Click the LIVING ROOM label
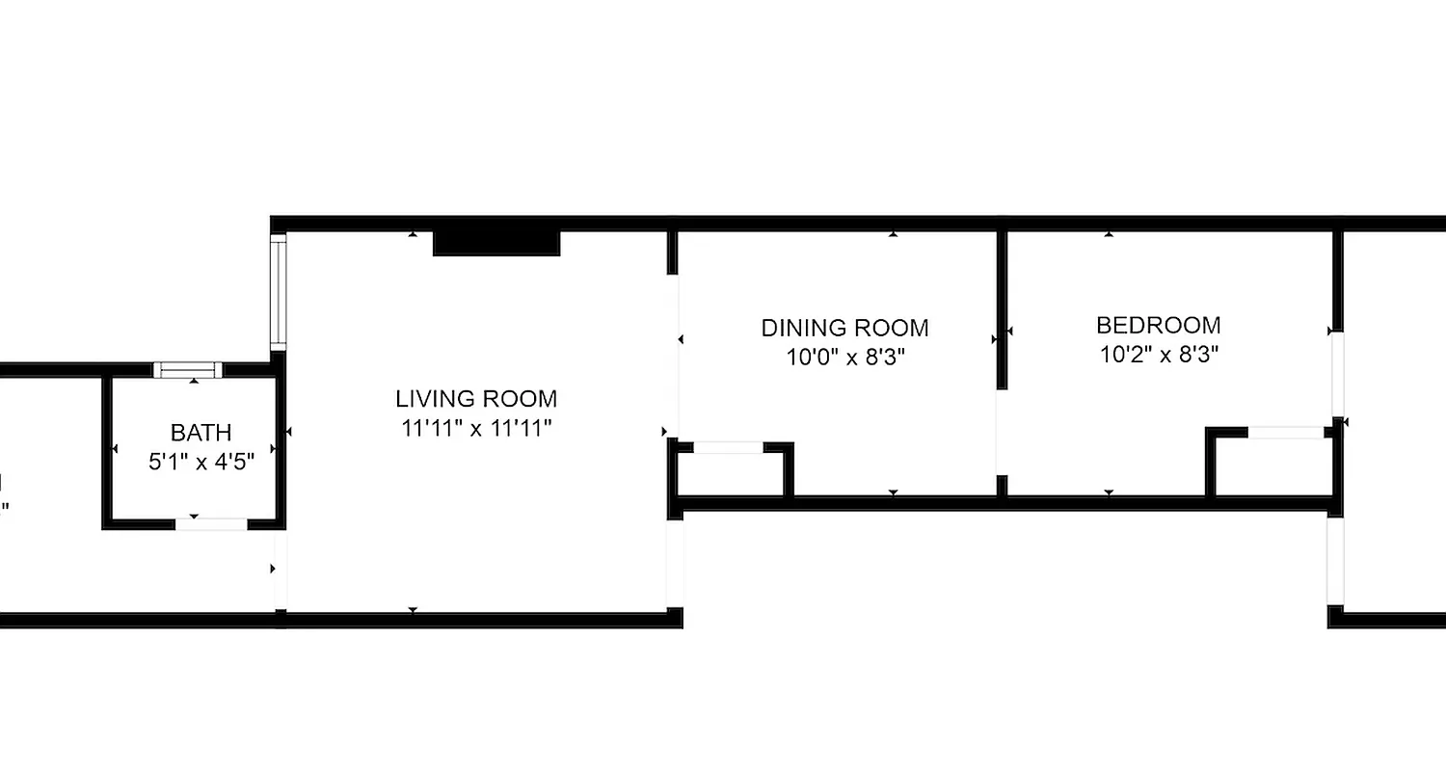(x=476, y=398)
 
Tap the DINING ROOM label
(x=844, y=328)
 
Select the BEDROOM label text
(x=1158, y=325)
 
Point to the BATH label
(x=201, y=433)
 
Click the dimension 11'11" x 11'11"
(x=476, y=428)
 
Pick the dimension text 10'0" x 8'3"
(x=844, y=358)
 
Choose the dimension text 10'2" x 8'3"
(x=1159, y=355)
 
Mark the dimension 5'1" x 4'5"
(x=201, y=462)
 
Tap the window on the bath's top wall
(x=188, y=369)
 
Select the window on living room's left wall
(x=280, y=291)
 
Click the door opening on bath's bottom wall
(x=210, y=524)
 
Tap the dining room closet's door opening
(x=728, y=447)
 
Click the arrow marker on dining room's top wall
(x=894, y=234)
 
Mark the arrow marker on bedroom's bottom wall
(x=1109, y=492)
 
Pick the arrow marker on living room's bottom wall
(x=413, y=610)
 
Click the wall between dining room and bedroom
(x=1002, y=308)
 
